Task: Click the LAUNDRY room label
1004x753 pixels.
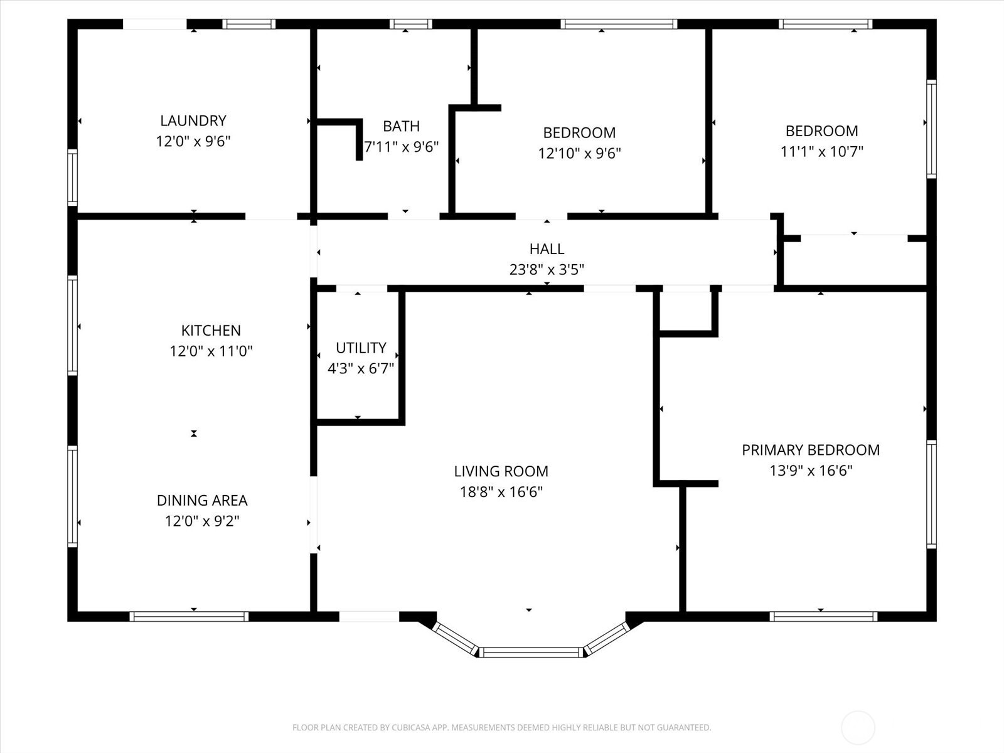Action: [x=193, y=120]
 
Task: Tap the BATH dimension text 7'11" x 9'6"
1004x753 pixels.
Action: [x=402, y=147]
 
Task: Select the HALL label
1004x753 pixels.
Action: [x=547, y=249]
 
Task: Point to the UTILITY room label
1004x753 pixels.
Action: [x=361, y=348]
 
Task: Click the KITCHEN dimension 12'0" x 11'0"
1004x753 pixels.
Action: [x=211, y=351]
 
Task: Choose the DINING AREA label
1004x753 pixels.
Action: [x=202, y=500]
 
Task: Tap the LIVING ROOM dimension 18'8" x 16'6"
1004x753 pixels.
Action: [x=501, y=491]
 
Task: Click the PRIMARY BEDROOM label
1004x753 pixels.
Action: [x=811, y=450]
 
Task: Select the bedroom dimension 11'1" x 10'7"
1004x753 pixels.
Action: [x=821, y=151]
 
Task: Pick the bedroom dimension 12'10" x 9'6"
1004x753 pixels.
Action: [x=579, y=153]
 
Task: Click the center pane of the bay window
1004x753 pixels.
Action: [x=531, y=653]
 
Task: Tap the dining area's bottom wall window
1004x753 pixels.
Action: [x=189, y=616]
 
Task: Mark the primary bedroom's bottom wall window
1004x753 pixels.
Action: [x=823, y=616]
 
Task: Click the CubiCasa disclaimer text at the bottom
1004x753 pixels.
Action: [x=501, y=728]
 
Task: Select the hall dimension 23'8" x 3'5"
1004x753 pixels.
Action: [x=547, y=270]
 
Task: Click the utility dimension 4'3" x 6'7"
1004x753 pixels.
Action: [x=361, y=368]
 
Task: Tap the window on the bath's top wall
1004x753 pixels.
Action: [x=410, y=24]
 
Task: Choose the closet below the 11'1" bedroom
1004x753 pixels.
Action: [x=855, y=262]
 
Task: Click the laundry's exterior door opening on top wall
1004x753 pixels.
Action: [x=154, y=24]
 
